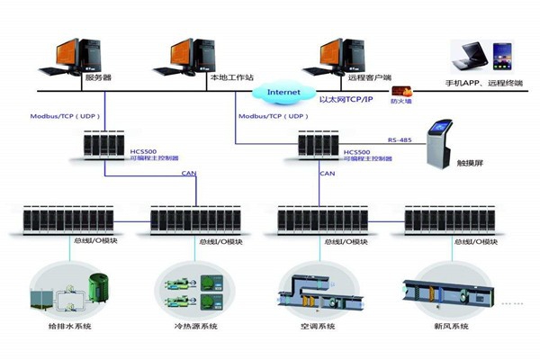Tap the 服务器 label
[x=97, y=78]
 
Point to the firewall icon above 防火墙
[x=400, y=90]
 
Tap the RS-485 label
[x=399, y=139]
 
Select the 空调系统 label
[x=319, y=326]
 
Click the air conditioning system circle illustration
[x=319, y=290]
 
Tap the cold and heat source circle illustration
[x=192, y=288]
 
